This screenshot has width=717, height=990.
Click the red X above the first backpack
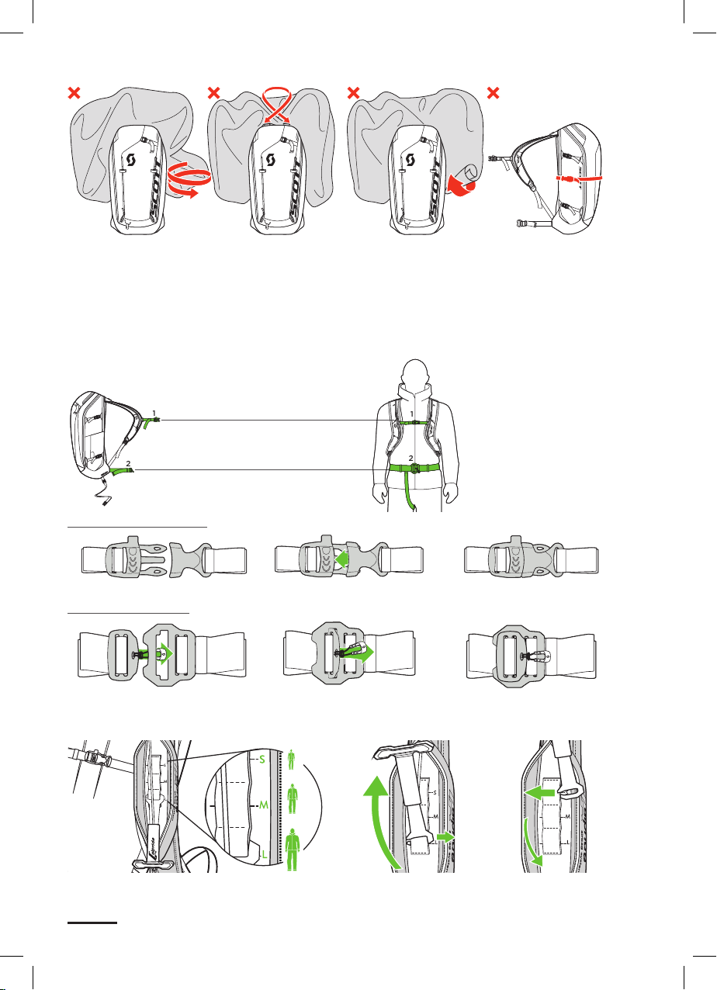point(74,94)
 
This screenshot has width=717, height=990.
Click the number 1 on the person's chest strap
point(411,414)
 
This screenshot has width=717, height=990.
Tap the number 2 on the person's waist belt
point(410,458)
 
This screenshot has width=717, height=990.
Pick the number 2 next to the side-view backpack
point(128,462)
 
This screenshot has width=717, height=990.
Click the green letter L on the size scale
point(264,853)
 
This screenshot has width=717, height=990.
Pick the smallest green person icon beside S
point(291,757)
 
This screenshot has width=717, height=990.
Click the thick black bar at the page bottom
point(92,924)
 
